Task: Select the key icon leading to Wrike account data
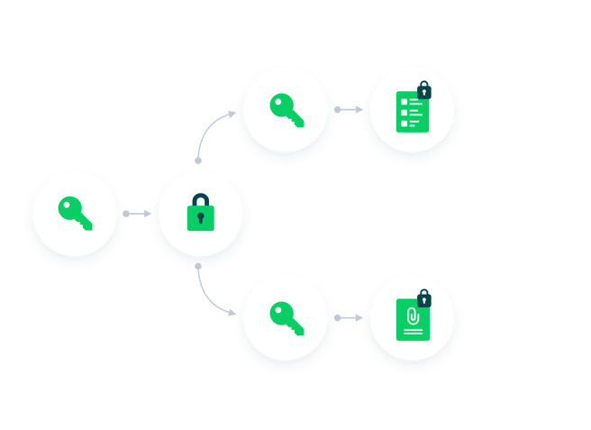click(x=285, y=108)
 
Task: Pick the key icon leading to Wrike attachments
click(x=285, y=316)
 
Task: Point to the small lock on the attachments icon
click(x=424, y=297)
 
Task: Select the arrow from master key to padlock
click(x=136, y=214)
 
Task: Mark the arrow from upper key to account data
click(x=349, y=109)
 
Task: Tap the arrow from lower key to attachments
click(x=349, y=316)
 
